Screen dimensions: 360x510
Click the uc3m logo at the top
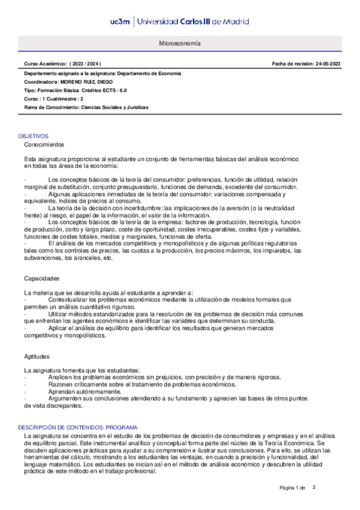coord(120,22)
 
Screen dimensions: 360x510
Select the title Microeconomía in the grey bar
coord(180,45)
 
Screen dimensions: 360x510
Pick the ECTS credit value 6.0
coord(122,90)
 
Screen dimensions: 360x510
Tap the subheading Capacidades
coord(41,278)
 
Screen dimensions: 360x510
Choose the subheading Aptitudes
coord(37,357)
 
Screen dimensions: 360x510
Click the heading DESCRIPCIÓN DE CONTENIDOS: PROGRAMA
coord(79,427)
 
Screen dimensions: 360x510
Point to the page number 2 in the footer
coord(314,487)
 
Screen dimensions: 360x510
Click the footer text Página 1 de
coord(293,488)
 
